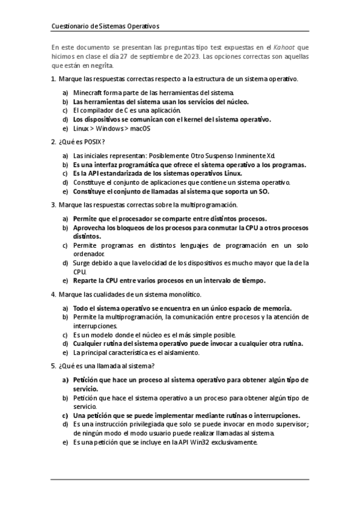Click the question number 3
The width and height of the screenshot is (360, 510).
(x=53, y=205)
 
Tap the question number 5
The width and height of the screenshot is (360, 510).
(x=53, y=366)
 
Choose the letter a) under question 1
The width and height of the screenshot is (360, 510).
(x=65, y=93)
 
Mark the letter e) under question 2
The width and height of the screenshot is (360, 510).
(x=65, y=191)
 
